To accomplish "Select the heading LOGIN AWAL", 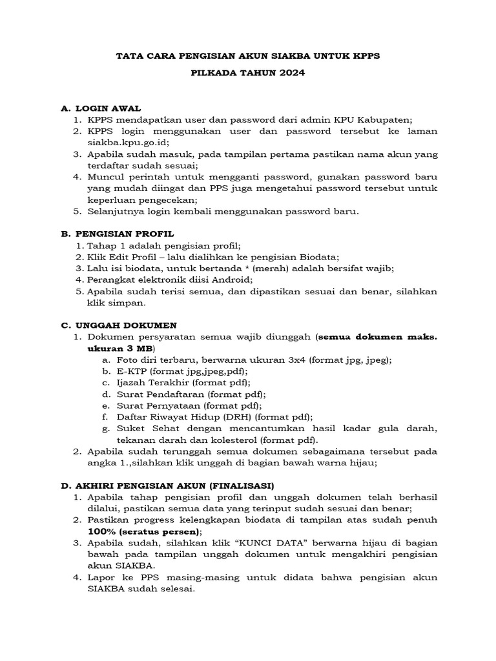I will (108, 108).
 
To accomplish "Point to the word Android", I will (234, 280).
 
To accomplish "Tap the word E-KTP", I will (131, 372).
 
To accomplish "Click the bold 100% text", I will (101, 531).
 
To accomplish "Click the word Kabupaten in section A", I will (379, 119).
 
